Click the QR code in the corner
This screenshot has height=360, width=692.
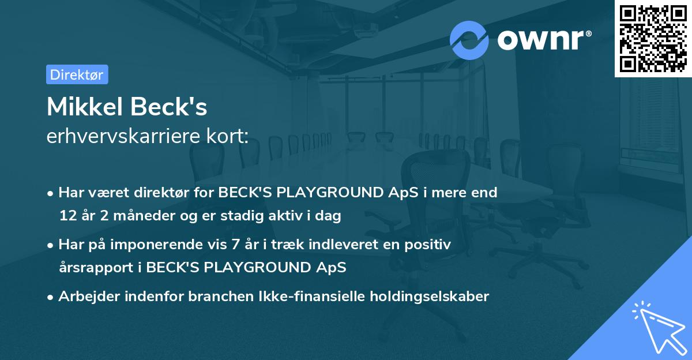pyautogui.click(x=653, y=39)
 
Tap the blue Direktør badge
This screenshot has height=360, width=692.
pyautogui.click(x=77, y=74)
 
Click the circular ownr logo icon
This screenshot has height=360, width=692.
pyautogui.click(x=469, y=40)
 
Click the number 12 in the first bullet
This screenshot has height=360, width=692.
pyautogui.click(x=67, y=216)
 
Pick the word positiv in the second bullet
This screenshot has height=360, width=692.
pyautogui.click(x=430, y=245)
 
